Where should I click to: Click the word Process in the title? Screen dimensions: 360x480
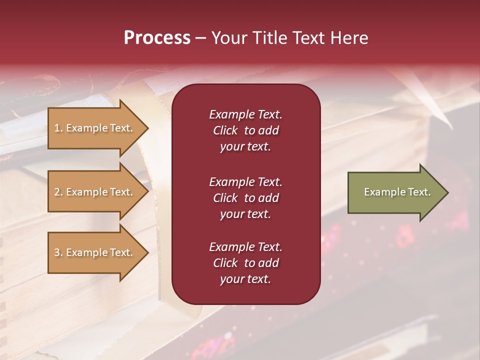coord(157,38)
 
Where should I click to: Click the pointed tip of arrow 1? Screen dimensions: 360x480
coord(147,128)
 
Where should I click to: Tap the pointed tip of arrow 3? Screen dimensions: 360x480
coord(147,252)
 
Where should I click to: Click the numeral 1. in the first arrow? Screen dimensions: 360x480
coord(58,128)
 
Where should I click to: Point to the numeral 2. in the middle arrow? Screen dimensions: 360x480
coord(58,192)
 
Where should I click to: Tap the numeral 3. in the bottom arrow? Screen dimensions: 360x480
coord(58,252)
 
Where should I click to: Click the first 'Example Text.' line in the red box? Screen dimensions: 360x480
coord(245,114)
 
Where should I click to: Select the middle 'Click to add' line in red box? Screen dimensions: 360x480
coord(245,198)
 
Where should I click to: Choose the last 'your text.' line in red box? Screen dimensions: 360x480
coord(245,279)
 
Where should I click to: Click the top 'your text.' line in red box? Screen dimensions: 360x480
coord(245,147)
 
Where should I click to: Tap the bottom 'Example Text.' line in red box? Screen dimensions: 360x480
coord(245,247)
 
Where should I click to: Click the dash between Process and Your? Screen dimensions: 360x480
coord(200,38)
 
